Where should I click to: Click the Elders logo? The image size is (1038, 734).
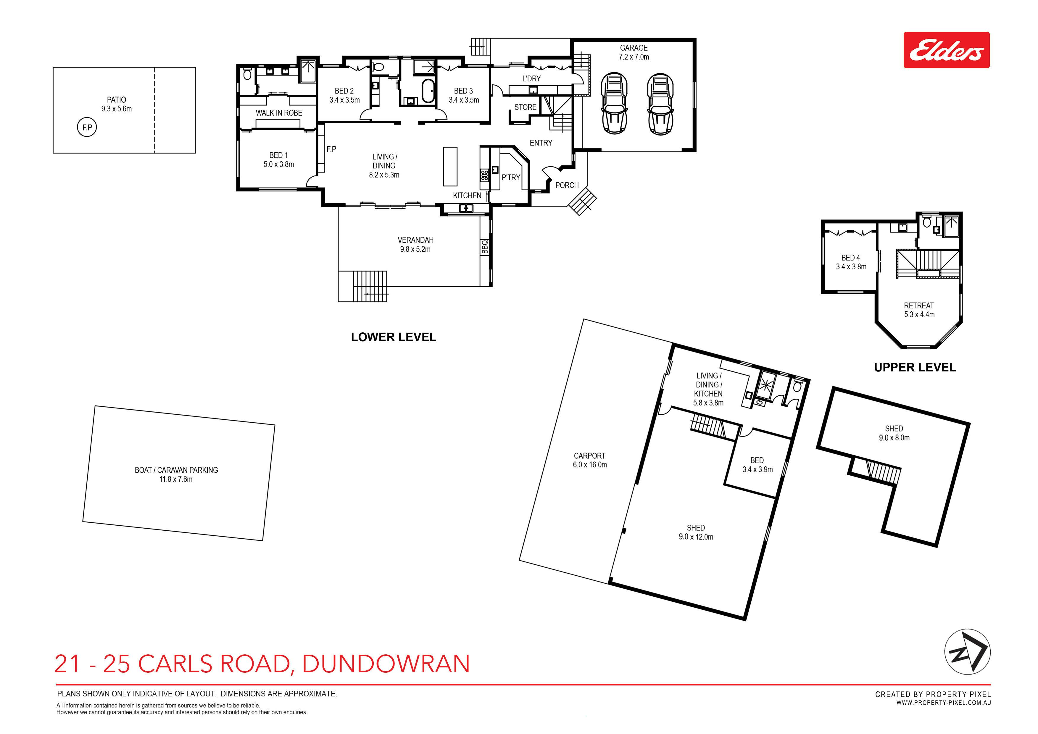[946, 50]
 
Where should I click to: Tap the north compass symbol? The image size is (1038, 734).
[968, 652]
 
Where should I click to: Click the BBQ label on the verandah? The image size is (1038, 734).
[485, 247]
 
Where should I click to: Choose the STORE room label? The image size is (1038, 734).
[525, 107]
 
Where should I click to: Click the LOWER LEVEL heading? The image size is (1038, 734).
[393, 337]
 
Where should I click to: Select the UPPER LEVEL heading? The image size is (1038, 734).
[915, 367]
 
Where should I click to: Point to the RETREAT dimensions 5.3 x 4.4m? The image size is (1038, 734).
[919, 314]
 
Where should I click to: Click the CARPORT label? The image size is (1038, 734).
[589, 456]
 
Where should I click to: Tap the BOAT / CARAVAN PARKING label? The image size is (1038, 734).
[176, 470]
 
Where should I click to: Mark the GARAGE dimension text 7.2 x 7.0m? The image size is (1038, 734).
[634, 57]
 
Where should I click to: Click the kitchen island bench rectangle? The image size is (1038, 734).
[450, 166]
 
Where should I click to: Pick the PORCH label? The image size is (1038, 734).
[567, 185]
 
